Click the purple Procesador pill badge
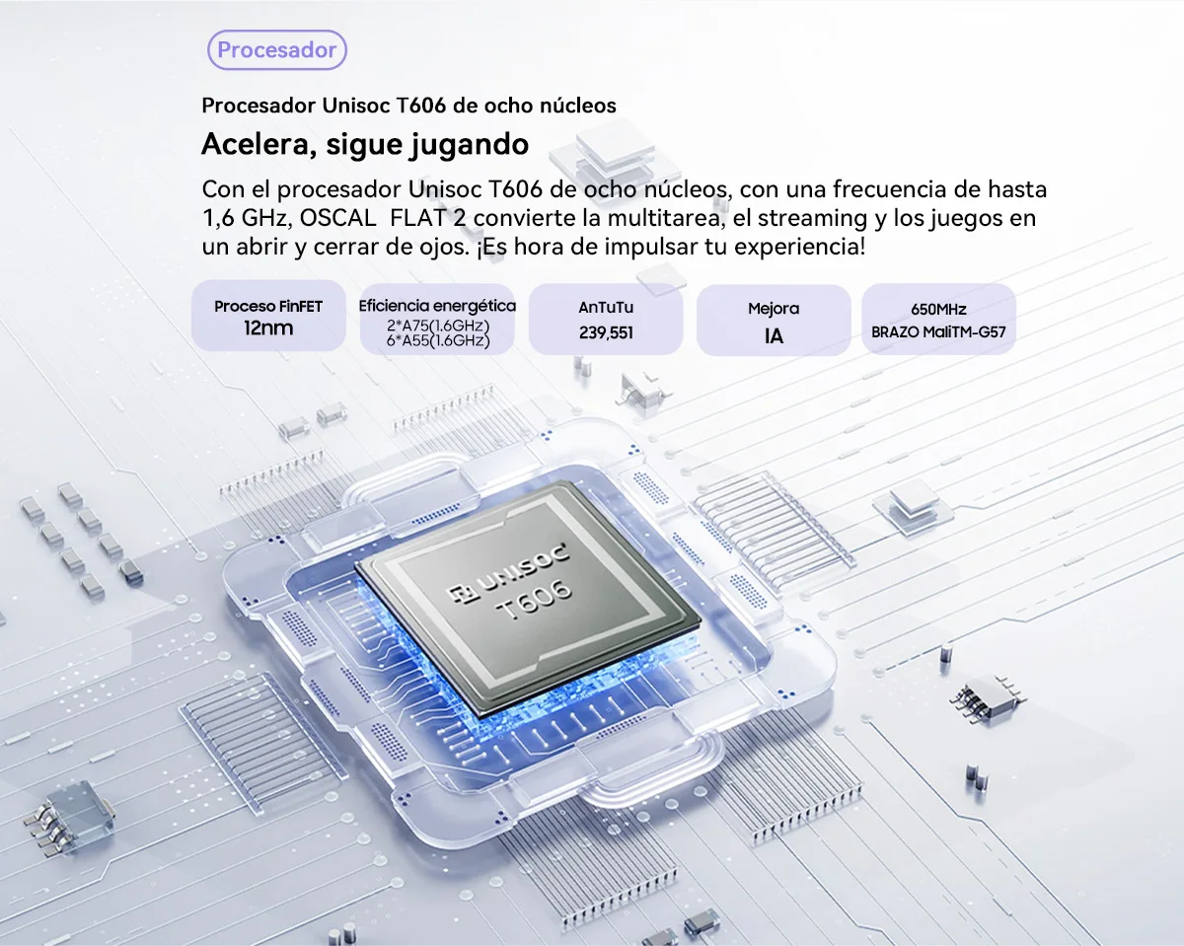point(276,50)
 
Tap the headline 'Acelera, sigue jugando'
point(365,145)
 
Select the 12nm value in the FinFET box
point(268,328)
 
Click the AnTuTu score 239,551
point(606,332)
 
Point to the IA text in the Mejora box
point(774,336)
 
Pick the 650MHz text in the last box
point(938,310)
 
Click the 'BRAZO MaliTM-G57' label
point(938,332)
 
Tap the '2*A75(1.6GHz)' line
point(438,326)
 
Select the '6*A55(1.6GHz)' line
point(438,341)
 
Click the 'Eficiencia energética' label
point(437,306)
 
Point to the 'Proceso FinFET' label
point(268,307)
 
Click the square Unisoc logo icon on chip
point(461,594)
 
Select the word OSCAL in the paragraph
point(337,218)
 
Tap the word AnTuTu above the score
point(606,308)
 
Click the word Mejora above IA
point(774,309)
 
